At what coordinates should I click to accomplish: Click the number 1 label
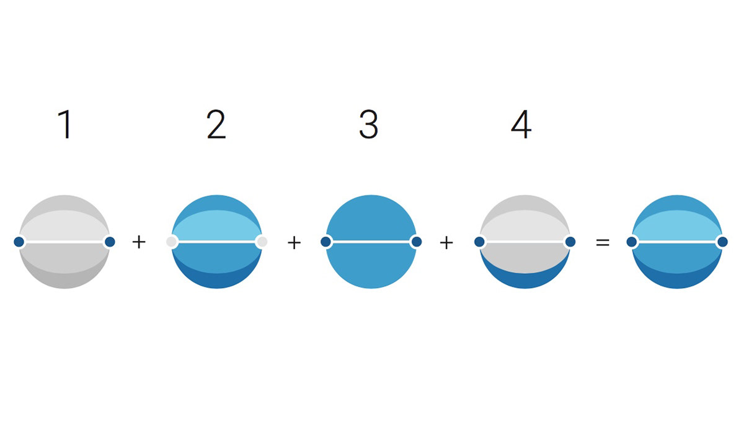[65, 124]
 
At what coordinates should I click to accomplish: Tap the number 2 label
[216, 124]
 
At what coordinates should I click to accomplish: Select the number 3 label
[369, 124]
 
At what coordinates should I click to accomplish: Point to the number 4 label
[521, 124]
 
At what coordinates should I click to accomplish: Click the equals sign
[603, 242]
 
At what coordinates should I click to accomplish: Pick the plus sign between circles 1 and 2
[139, 242]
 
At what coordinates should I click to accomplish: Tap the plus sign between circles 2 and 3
[294, 242]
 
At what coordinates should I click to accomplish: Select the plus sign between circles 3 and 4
[446, 242]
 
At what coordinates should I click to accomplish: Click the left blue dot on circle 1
[19, 242]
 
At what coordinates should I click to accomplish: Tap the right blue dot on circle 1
[110, 242]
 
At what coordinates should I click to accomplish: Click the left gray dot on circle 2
[171, 242]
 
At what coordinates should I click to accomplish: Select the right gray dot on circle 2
[262, 242]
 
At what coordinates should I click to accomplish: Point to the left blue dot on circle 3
[326, 242]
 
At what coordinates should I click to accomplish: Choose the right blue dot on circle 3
[417, 242]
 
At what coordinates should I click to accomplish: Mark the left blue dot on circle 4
[479, 242]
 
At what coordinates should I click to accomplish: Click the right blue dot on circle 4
[570, 242]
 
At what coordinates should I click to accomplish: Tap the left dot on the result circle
[632, 242]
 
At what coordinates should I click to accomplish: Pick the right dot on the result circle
[722, 242]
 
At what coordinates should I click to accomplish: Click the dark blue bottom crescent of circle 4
[525, 281]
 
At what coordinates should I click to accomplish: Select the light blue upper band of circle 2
[216, 225]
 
